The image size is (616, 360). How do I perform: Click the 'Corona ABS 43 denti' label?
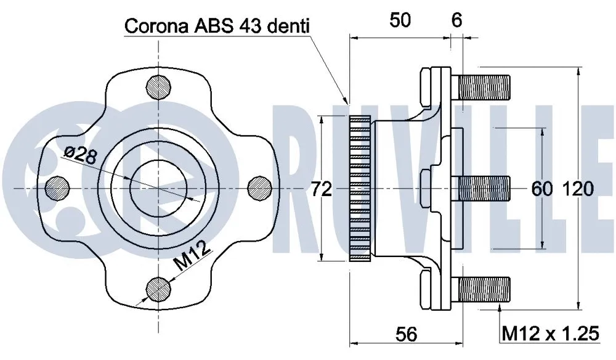(217, 26)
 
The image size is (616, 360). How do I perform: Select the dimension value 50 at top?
(400, 20)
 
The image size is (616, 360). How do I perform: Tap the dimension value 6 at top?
(456, 20)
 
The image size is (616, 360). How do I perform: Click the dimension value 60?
(542, 189)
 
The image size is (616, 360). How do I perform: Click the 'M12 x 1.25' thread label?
(550, 333)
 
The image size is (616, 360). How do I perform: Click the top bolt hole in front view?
(159, 85)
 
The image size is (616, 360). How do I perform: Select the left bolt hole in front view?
(58, 186)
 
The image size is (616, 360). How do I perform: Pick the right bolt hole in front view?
(260, 186)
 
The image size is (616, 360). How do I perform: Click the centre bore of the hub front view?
(159, 186)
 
